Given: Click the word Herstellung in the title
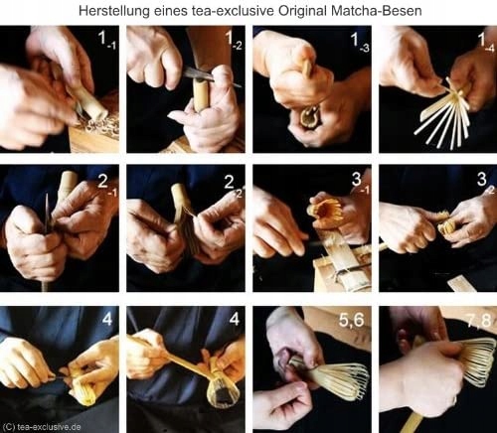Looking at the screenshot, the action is coord(114,11).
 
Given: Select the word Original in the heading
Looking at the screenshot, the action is coord(302,11).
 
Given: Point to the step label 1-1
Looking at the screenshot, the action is coord(106,40).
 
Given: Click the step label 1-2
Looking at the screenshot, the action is coord(235,41).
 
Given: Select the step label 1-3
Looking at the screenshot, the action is coord(360,42).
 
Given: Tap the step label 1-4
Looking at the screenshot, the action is coord(486,42).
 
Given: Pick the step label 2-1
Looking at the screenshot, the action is coord(107,184).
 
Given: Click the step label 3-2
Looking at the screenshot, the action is coord(486,183).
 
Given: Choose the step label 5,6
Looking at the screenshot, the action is coord(352,320).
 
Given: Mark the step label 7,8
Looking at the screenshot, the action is coord(478,321).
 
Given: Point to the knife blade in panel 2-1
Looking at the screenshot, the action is coord(47,214).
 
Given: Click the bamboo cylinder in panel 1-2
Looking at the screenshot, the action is coord(201,94).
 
